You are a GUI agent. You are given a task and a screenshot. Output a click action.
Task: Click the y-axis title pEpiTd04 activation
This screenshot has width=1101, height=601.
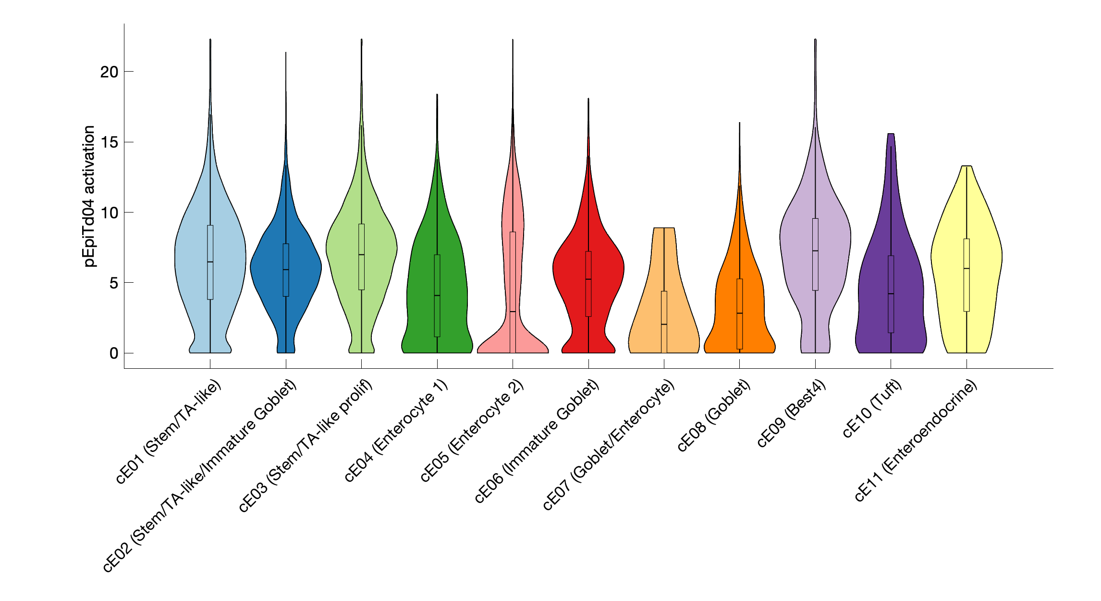pos(89,196)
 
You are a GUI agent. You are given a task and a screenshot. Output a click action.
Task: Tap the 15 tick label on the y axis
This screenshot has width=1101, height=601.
pos(109,142)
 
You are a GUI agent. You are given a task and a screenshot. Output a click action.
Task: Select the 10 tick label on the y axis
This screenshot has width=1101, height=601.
pos(109,213)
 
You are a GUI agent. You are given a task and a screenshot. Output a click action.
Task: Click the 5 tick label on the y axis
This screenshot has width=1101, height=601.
pos(114,283)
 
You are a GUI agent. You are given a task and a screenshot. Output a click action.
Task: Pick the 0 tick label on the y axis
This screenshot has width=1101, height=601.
pos(114,353)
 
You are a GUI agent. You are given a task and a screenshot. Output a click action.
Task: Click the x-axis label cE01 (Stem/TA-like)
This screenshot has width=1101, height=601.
pos(169,431)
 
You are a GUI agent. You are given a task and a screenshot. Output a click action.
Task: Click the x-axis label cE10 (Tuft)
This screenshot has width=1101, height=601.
pos(873,408)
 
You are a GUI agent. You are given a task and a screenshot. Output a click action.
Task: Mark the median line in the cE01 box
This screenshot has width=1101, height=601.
pos(210,262)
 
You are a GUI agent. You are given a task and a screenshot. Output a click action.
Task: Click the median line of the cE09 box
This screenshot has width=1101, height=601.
pos(815,251)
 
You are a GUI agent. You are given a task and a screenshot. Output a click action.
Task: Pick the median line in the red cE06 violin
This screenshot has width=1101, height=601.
pos(588,279)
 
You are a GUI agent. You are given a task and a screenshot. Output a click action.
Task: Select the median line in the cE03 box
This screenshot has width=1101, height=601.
pos(362,255)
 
